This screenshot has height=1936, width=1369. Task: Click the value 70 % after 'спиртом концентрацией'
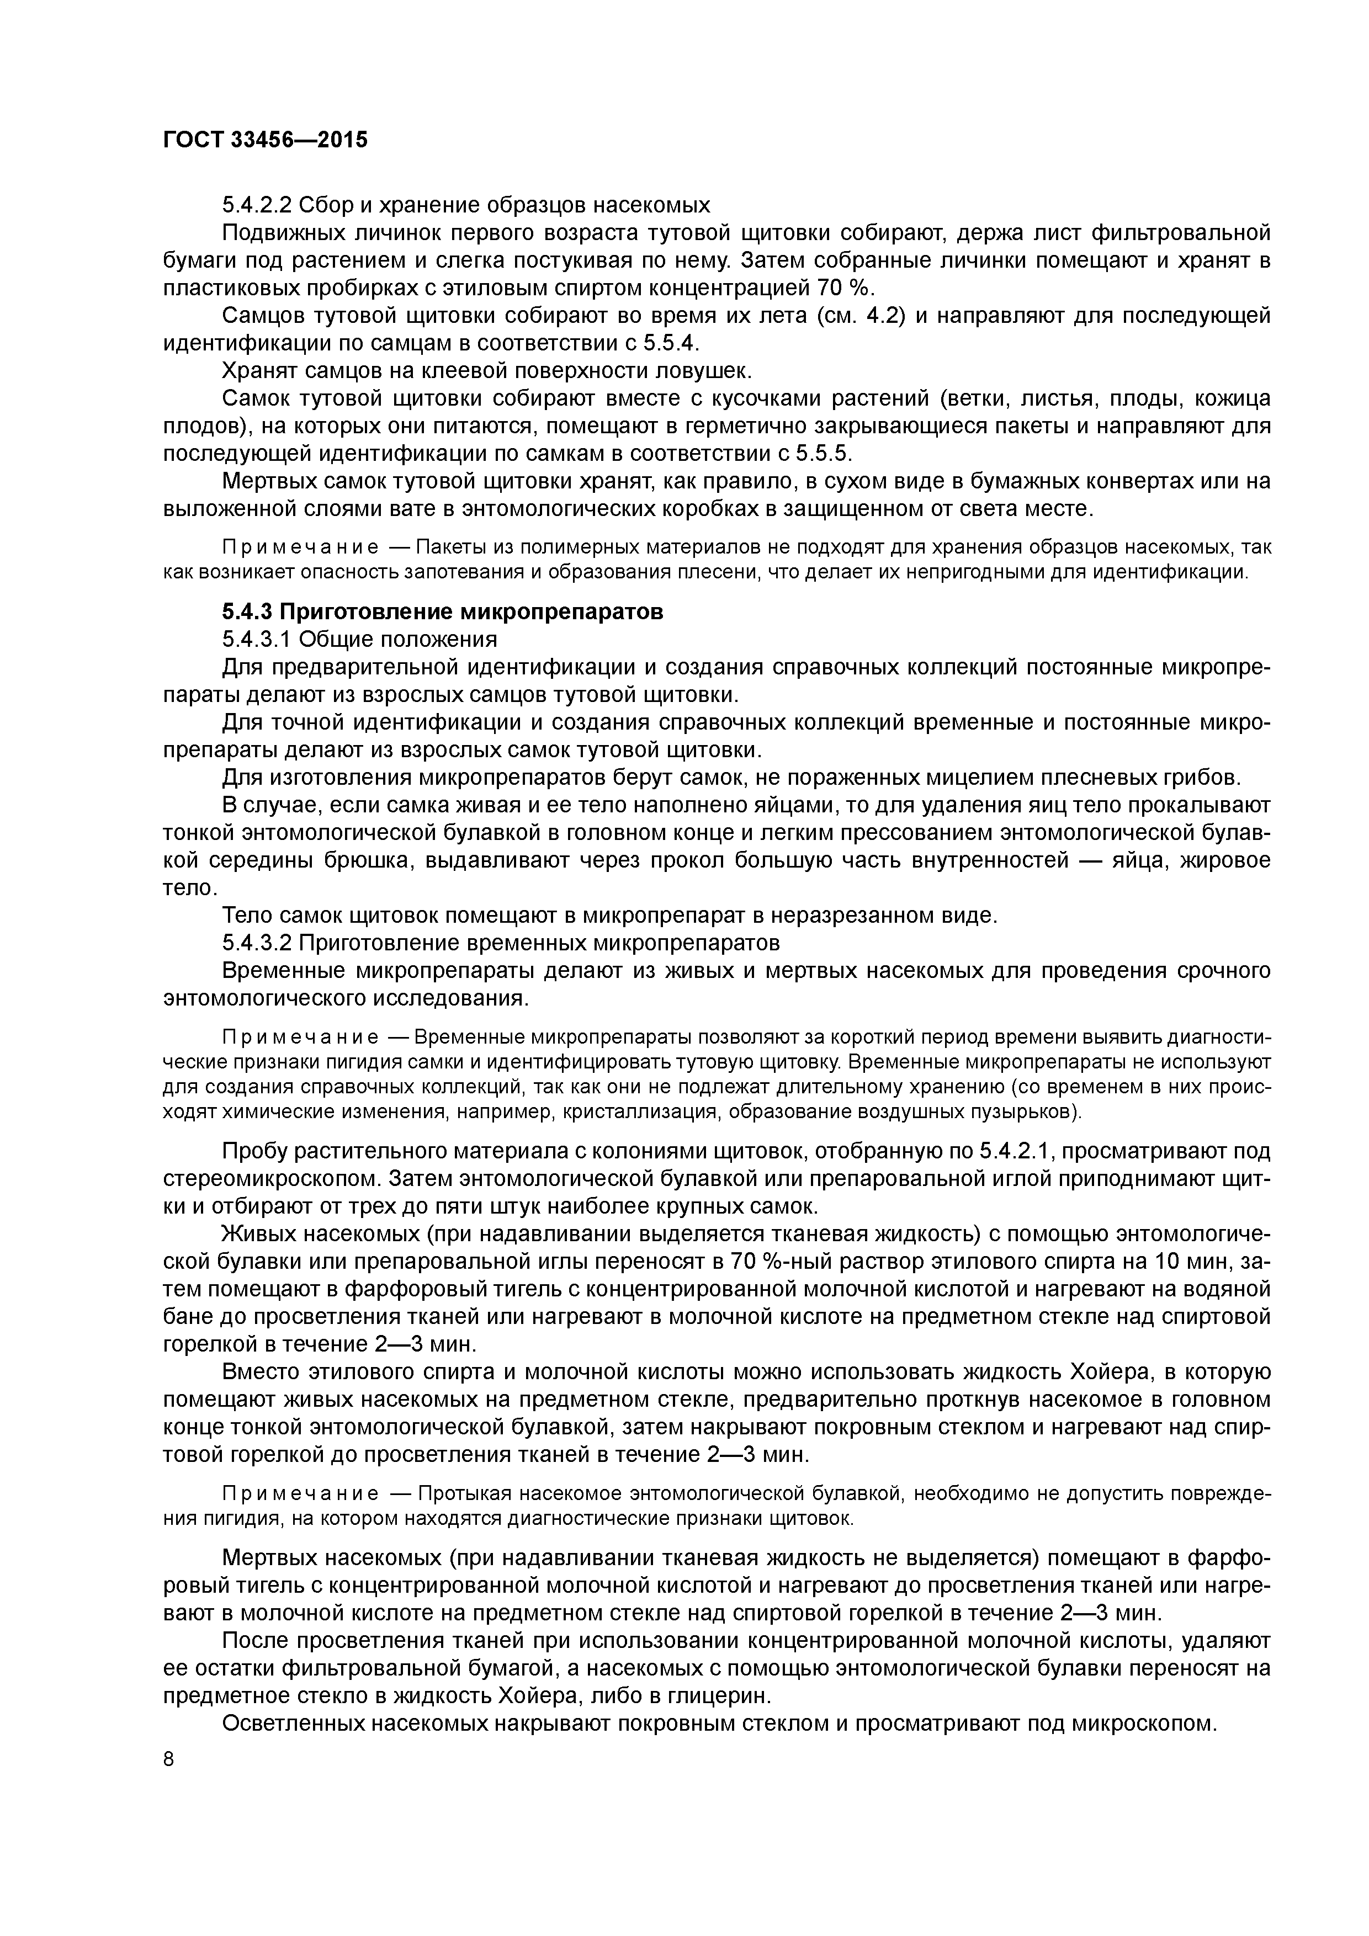pyautogui.click(x=843, y=288)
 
